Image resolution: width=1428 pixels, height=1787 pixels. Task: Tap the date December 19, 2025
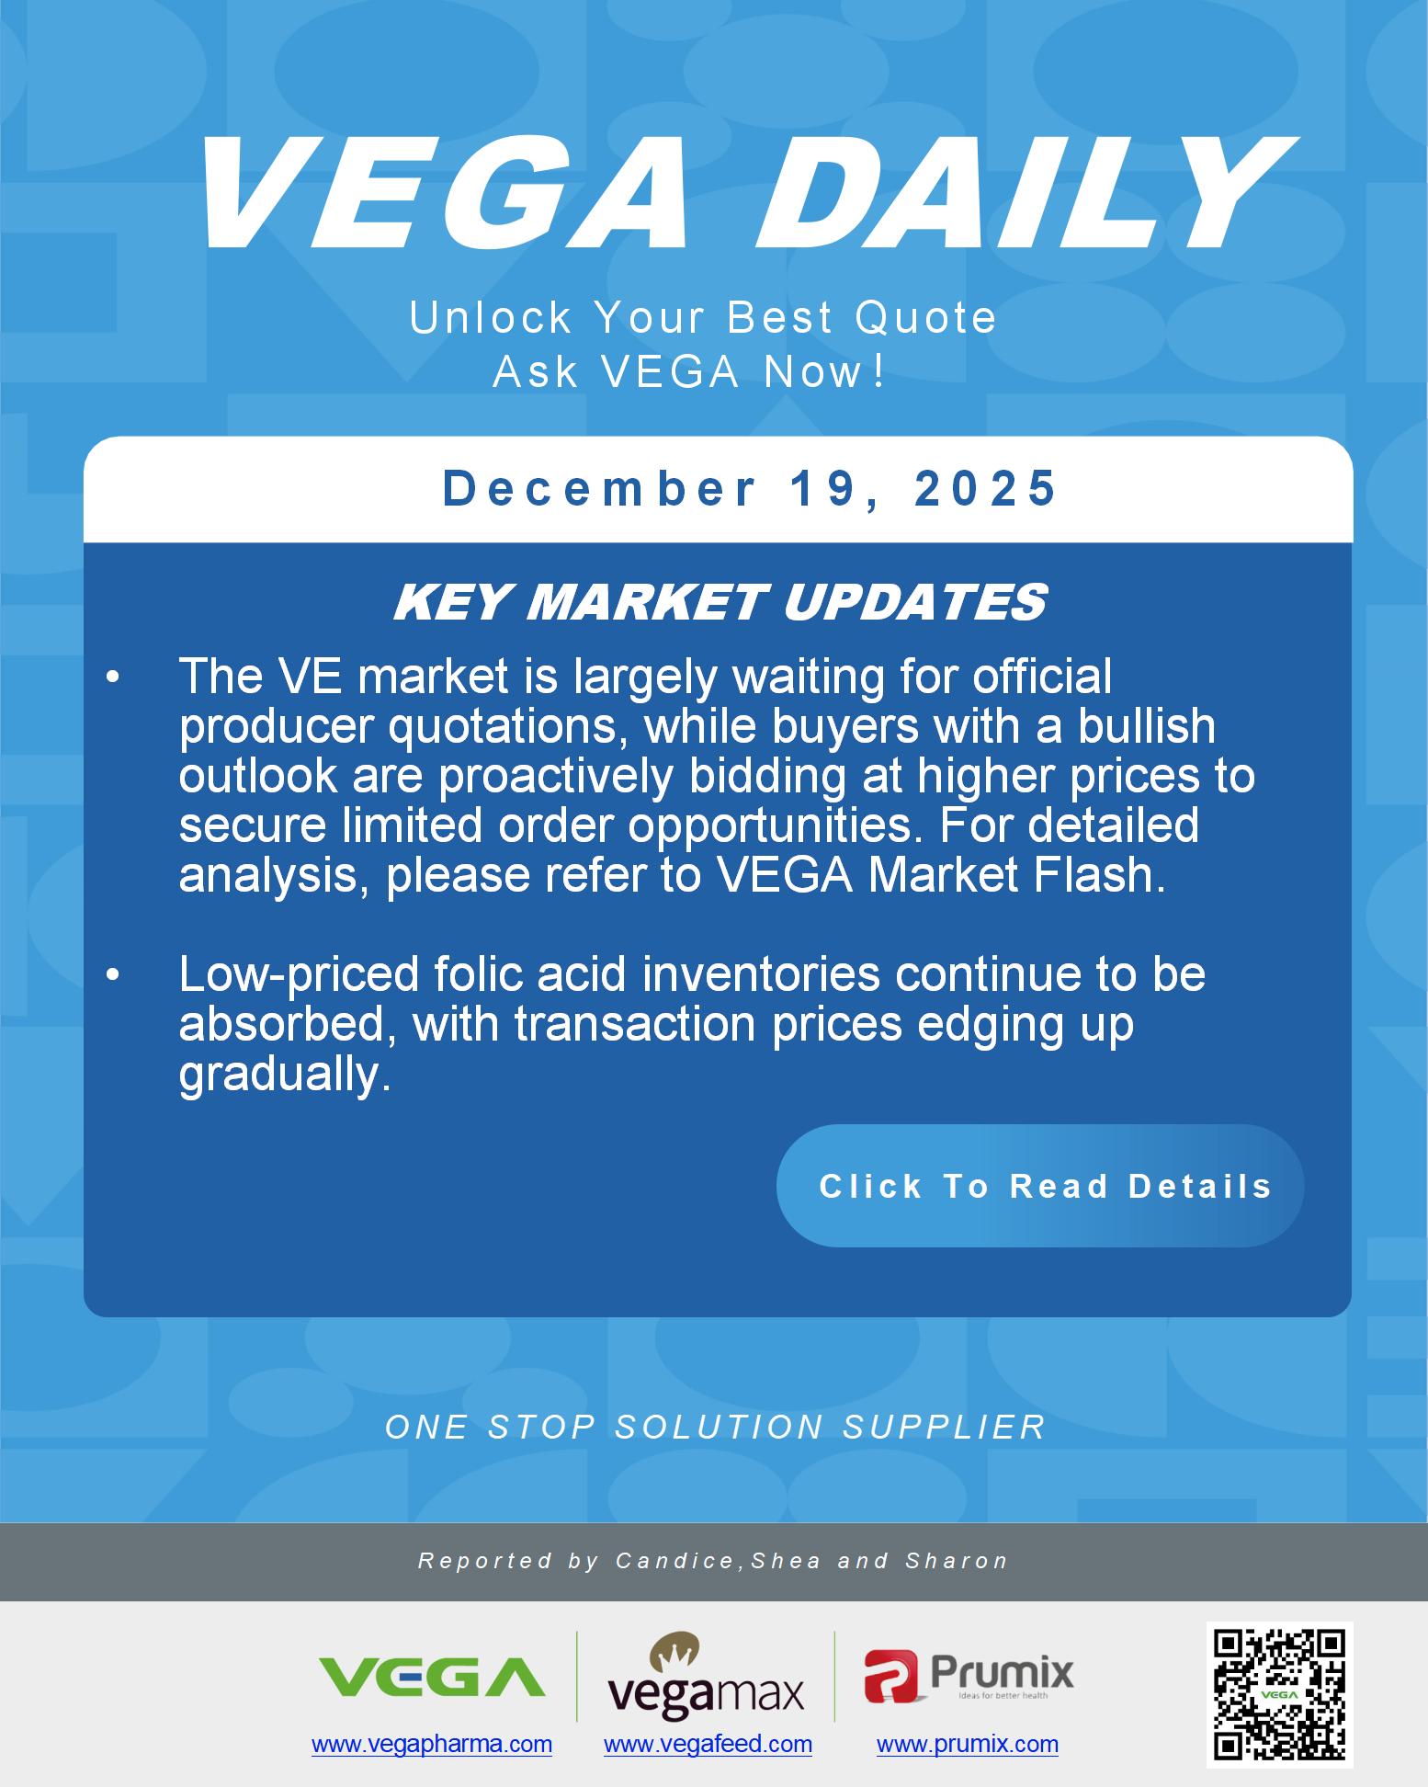coord(750,488)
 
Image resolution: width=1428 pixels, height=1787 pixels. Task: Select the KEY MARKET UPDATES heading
coord(720,603)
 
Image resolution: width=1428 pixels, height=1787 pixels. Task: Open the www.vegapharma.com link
coord(432,1744)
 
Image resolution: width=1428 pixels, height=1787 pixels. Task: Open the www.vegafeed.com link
coord(708,1744)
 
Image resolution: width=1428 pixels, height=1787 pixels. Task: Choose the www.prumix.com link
coord(968,1744)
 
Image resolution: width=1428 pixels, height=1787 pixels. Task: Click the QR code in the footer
coord(1280,1693)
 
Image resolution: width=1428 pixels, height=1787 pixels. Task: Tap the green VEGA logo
coord(431,1676)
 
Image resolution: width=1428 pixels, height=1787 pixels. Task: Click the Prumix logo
coord(969,1675)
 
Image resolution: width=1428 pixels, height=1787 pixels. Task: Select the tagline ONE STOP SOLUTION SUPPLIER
coord(716,1427)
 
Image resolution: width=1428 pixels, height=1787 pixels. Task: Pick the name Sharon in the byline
coord(958,1561)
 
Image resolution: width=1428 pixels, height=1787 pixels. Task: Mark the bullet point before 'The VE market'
coord(113,677)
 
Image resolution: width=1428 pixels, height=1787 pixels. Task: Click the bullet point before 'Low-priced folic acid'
coord(113,974)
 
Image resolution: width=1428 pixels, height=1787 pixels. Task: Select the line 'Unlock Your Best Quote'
coord(703,318)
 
